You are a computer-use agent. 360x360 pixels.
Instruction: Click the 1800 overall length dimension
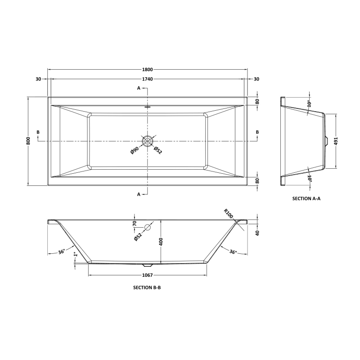tap(148, 70)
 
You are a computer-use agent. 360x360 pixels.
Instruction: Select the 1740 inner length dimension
tap(148, 79)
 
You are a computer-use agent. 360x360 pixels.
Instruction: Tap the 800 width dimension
tap(28, 141)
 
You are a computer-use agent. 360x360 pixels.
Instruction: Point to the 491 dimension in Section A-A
tap(336, 141)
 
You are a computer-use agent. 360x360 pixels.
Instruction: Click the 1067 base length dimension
tap(148, 275)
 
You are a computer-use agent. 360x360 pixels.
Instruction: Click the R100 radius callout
tap(229, 213)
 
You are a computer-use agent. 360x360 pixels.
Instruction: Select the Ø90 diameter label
tap(135, 150)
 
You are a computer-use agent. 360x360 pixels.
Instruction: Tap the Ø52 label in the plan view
tap(158, 150)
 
